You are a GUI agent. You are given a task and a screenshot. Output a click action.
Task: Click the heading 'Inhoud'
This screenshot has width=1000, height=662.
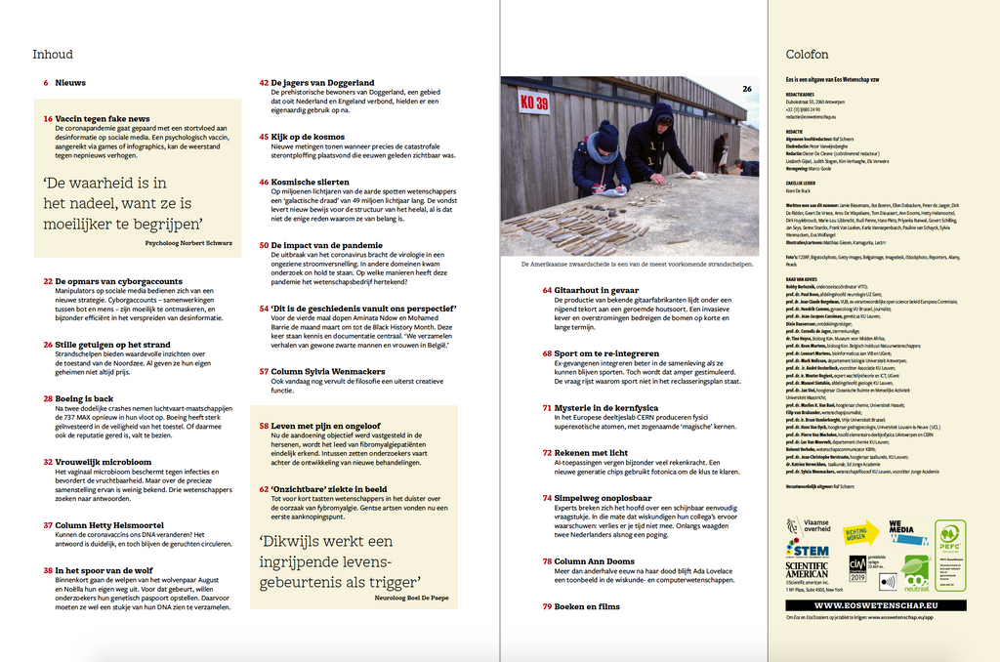point(53,55)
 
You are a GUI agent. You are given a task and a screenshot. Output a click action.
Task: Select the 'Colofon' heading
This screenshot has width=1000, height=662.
point(808,55)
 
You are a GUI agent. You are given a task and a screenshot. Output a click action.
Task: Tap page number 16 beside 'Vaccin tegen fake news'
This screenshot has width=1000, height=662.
point(48,119)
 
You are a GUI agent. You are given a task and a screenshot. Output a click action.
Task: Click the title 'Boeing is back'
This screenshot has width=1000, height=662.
point(84,398)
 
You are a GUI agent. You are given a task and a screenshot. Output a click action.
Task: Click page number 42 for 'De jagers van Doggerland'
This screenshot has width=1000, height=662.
point(264,83)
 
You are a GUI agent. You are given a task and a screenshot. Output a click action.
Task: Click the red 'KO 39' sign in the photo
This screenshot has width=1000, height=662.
point(533,101)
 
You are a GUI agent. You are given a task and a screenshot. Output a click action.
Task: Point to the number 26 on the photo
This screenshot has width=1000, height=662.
point(746,89)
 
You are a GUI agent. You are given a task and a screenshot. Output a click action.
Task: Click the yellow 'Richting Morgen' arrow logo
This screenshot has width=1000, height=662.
point(855,534)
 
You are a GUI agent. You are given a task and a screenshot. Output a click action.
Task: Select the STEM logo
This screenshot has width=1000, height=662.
point(807,552)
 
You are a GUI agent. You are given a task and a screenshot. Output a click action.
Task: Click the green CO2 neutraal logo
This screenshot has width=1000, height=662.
point(914,571)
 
